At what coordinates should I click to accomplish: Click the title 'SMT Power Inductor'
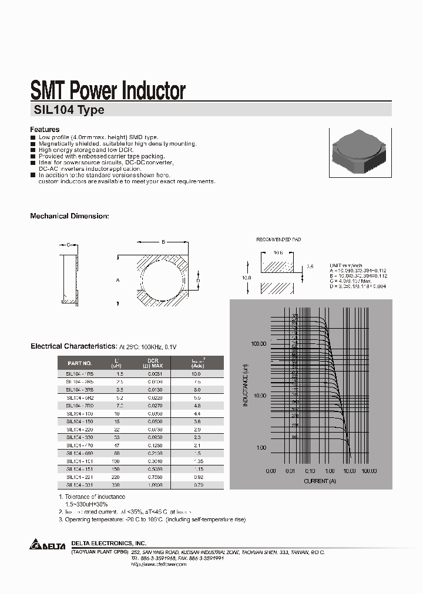[x=108, y=90]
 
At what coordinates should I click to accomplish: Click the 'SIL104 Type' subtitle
[x=67, y=110]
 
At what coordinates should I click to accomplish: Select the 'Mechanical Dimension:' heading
[x=69, y=216]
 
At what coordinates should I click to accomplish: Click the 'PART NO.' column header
[x=80, y=363]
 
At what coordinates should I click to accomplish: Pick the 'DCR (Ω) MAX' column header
[x=153, y=363]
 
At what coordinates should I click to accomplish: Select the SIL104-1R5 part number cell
[x=80, y=373]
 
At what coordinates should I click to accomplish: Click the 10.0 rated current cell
[x=196, y=373]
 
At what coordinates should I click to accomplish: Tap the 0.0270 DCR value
[x=153, y=405]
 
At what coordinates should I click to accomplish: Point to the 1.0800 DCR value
[x=153, y=485]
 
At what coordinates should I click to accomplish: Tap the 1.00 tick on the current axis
[x=330, y=471]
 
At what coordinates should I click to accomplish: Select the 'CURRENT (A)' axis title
[x=320, y=481]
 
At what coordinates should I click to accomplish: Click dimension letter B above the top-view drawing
[x=163, y=241]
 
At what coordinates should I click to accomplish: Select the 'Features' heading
[x=45, y=129]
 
